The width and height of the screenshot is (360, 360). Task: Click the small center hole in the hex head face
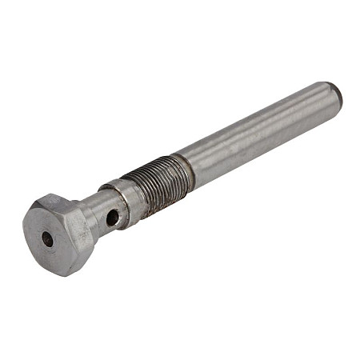tap(47, 238)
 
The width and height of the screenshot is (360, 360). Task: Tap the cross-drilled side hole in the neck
tap(113, 217)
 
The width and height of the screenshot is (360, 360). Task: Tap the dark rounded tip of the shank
tap(337, 94)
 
